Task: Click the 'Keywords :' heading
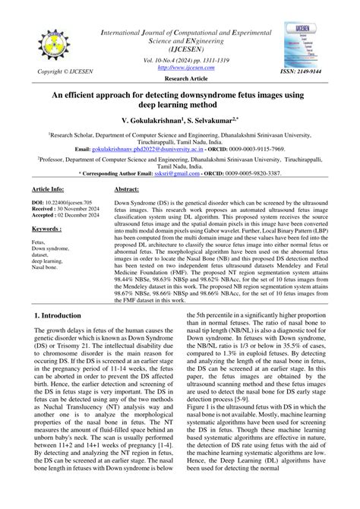48,228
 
